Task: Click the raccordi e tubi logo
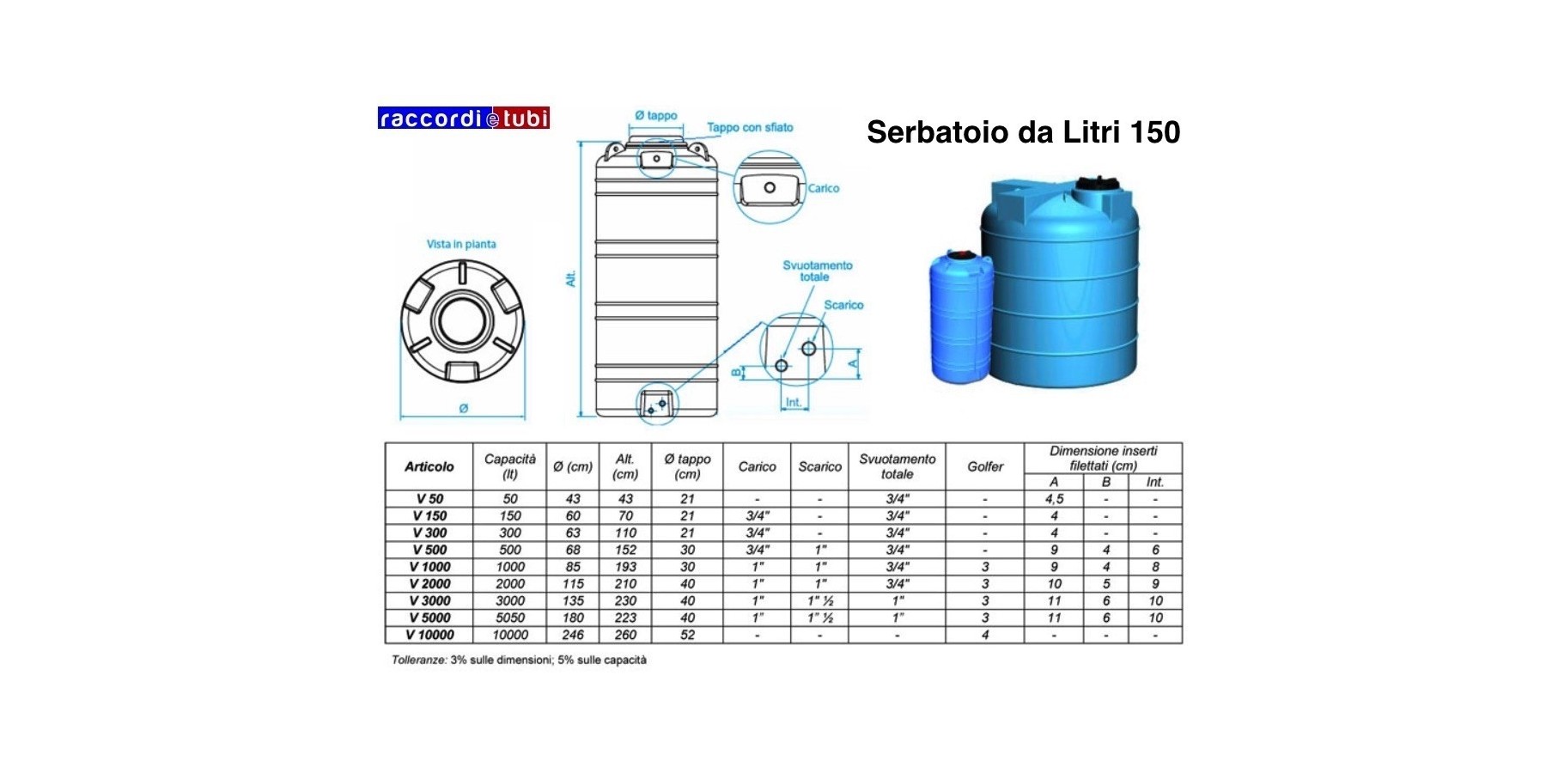464,118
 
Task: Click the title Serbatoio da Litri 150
1023,132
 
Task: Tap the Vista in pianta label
461,244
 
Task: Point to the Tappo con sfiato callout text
750,127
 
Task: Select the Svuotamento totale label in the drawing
817,271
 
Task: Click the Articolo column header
429,466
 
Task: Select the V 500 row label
429,550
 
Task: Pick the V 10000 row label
429,635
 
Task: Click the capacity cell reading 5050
510,618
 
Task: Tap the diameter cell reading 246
573,635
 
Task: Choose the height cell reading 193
625,567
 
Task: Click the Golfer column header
985,466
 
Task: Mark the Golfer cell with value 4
985,635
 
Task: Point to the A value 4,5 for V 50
1054,499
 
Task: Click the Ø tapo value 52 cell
687,635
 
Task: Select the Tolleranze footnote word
419,660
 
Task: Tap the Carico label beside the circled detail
823,188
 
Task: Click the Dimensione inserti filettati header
1103,458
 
